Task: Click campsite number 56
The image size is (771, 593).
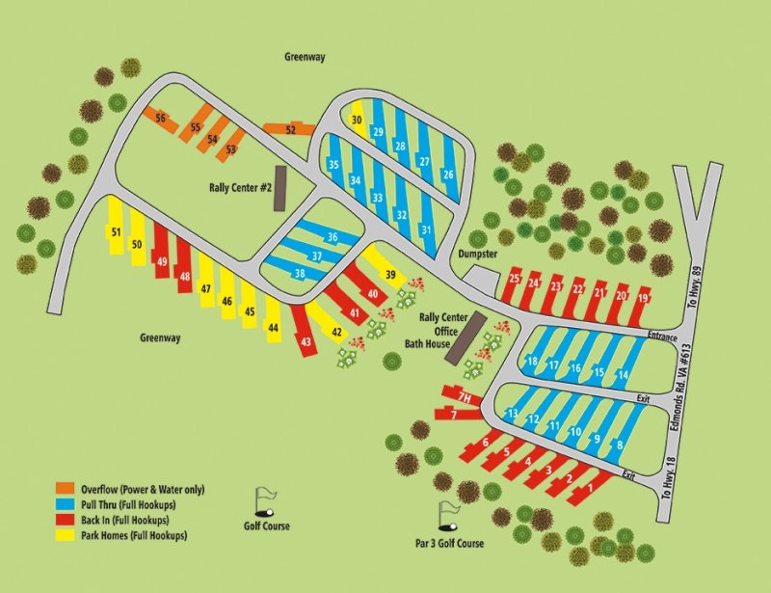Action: point(161,119)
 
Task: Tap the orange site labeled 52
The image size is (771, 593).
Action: point(290,129)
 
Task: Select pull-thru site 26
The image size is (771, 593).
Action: point(448,175)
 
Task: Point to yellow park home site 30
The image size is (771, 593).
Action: point(357,121)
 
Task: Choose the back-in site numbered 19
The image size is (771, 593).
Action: point(643,299)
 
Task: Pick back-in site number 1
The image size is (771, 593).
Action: point(591,489)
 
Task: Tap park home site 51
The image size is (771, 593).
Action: point(116,232)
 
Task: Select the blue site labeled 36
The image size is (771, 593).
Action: point(332,237)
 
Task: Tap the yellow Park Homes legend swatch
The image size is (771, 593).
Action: point(66,536)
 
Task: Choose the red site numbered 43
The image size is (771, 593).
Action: point(306,342)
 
